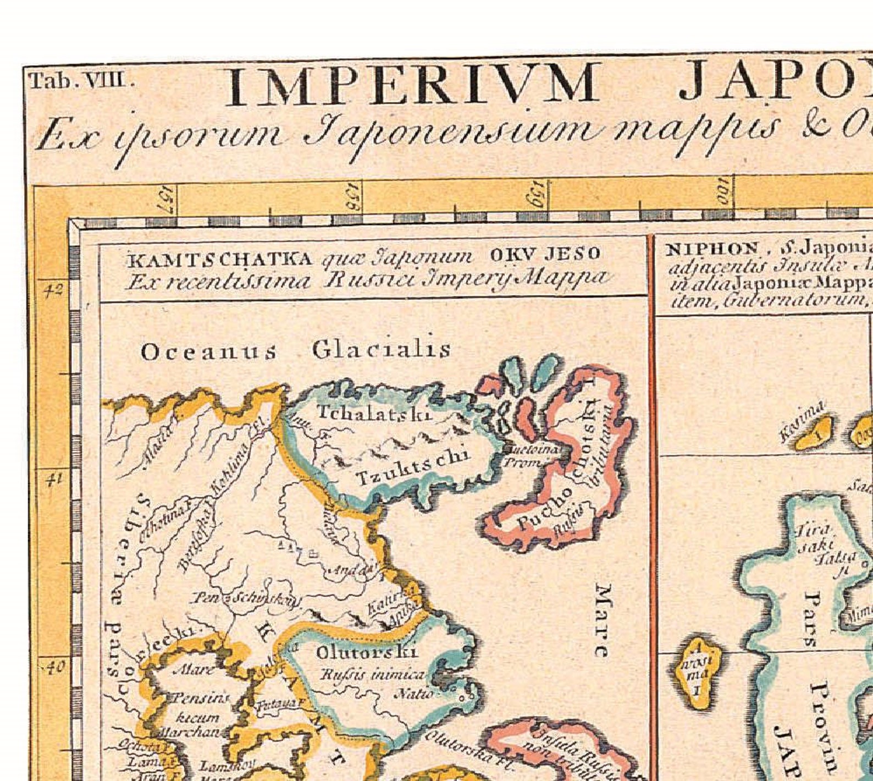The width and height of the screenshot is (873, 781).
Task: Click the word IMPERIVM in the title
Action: (411, 84)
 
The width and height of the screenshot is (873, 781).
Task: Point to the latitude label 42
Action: (53, 290)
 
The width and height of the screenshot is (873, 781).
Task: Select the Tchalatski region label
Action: (373, 413)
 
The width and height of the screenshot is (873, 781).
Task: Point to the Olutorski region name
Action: (367, 653)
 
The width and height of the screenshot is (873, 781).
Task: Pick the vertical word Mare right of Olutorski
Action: (603, 620)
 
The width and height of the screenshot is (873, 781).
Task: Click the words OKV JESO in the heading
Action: (545, 254)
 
